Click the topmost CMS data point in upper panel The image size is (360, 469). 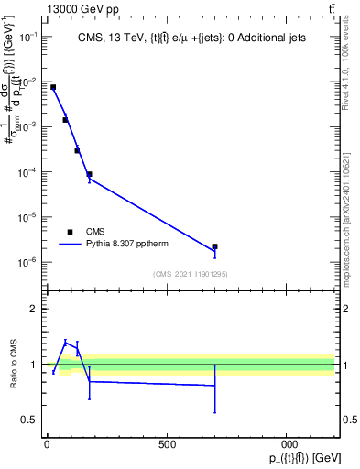coord(53,87)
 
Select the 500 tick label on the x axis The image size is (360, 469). coord(167,444)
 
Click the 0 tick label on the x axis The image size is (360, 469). coord(47,444)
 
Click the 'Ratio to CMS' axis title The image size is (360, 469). coord(13,365)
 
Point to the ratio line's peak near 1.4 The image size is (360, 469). coord(65,341)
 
